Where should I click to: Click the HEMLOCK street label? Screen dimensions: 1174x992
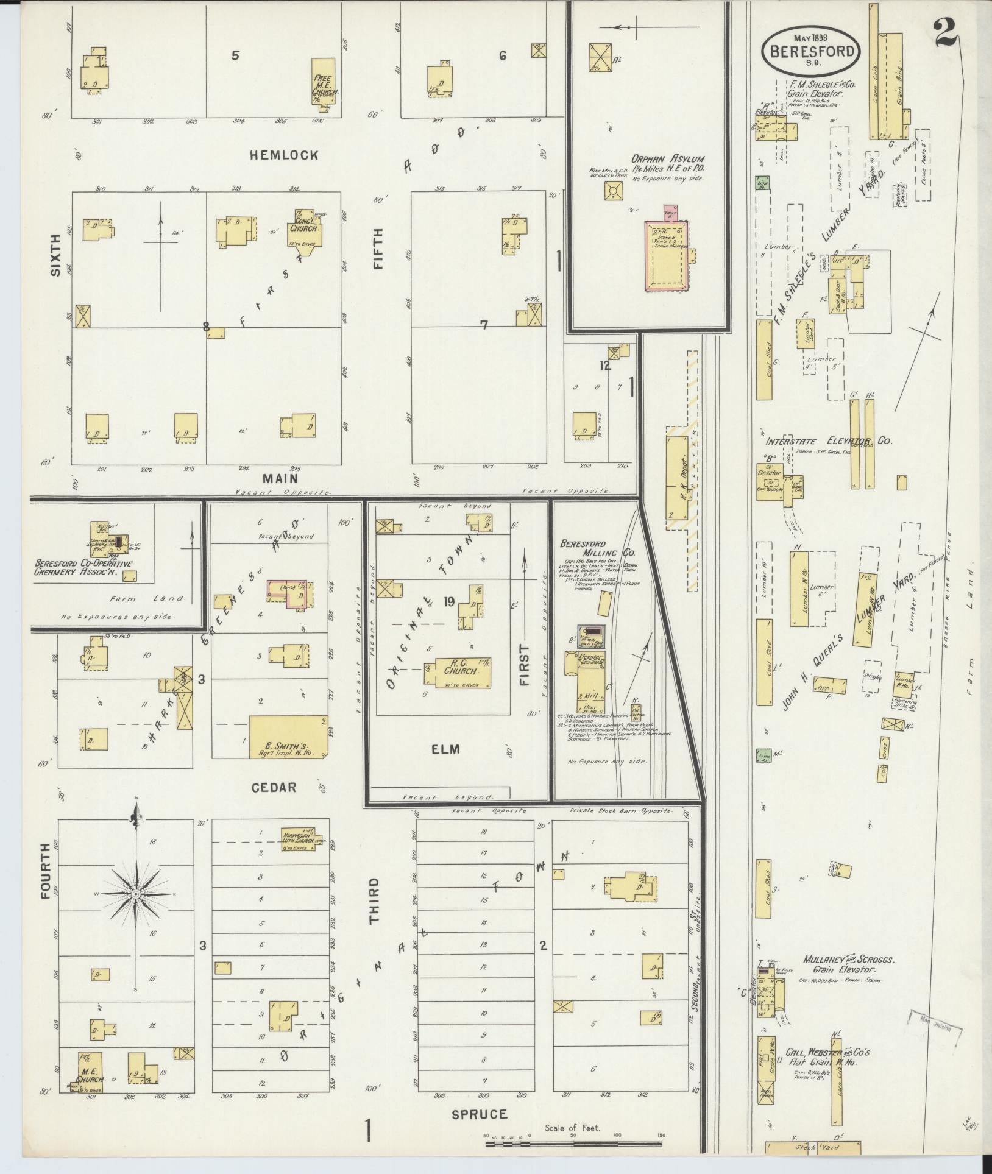tap(283, 155)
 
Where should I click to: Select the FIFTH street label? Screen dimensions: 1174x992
tap(378, 249)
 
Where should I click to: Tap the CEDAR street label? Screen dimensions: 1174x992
tap(274, 787)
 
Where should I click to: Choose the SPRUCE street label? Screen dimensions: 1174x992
tap(479, 1114)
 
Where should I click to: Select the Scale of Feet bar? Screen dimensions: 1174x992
tap(573, 1144)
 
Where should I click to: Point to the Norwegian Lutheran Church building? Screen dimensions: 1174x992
tap(299, 837)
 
